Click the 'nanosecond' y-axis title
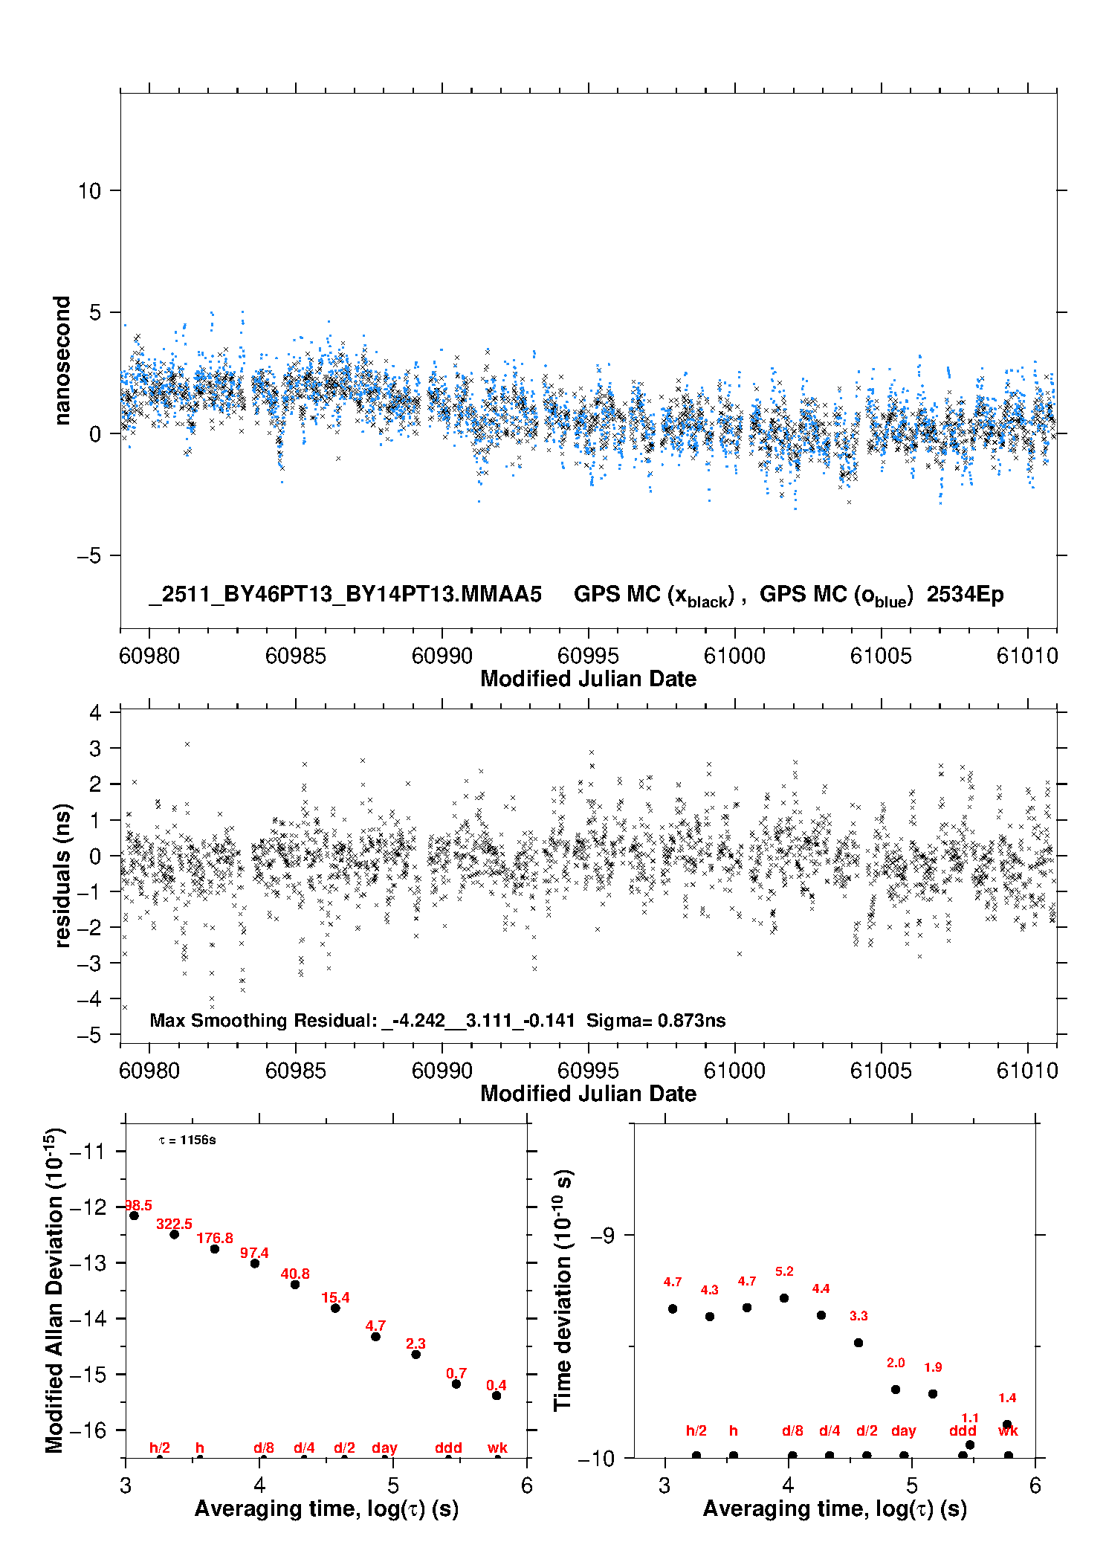(62, 361)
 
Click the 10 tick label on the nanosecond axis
(89, 191)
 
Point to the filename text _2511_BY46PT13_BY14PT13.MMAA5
(346, 594)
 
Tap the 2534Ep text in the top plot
(965, 594)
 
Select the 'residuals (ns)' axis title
(62, 875)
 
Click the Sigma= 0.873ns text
(656, 1020)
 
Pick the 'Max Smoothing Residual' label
(263, 1020)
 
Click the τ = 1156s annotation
(187, 1140)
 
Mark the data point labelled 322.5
(175, 1234)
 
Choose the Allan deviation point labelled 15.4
(335, 1308)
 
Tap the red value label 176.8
(215, 1238)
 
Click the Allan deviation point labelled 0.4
(497, 1395)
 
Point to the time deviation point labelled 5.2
(784, 1298)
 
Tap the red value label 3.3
(858, 1316)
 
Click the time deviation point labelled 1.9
(933, 1394)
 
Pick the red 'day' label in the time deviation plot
(904, 1430)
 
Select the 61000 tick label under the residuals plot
(734, 1071)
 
